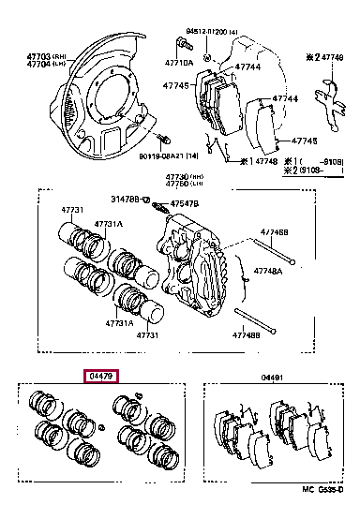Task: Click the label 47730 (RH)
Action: [x=184, y=177]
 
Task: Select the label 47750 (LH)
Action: [x=184, y=185]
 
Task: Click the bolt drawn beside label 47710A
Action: [x=179, y=46]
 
